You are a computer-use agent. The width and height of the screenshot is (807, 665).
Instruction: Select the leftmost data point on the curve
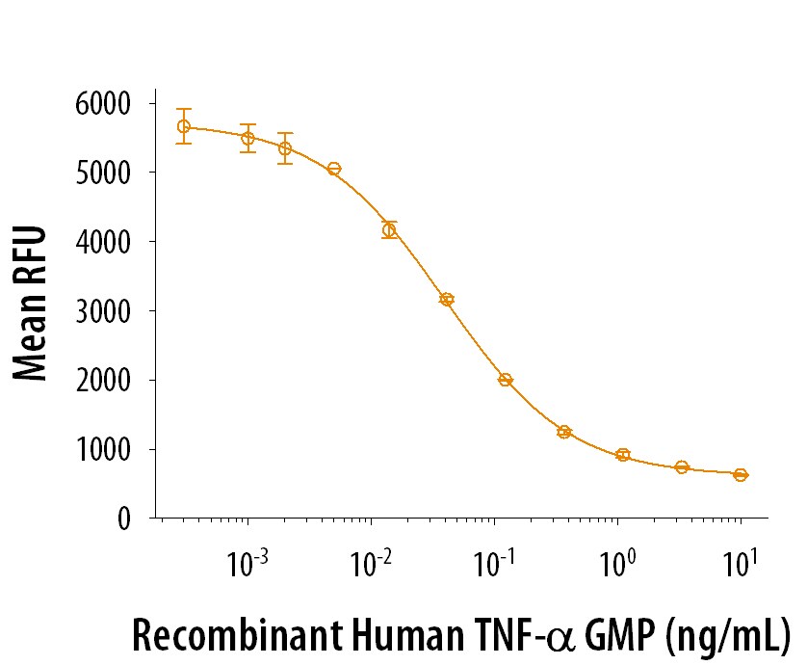tap(184, 126)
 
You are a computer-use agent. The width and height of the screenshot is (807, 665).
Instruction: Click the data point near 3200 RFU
tap(447, 300)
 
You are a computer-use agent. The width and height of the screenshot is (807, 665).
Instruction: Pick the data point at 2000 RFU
tap(506, 380)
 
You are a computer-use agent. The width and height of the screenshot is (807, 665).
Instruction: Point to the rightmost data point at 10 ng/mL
tap(741, 474)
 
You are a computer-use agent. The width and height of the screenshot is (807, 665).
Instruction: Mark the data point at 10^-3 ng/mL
tap(247, 138)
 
